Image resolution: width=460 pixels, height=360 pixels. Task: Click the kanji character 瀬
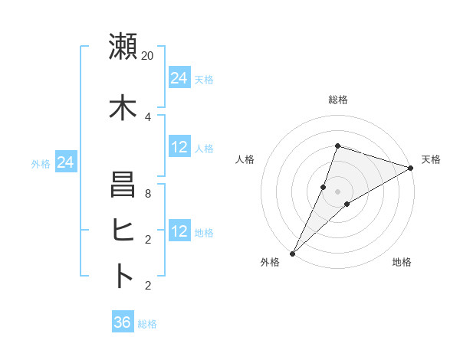123,47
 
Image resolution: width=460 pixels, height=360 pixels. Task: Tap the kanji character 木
123,108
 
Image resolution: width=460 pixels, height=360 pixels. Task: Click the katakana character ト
123,276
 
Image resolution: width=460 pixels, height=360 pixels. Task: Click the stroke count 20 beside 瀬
148,55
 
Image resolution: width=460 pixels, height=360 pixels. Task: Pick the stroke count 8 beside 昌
148,194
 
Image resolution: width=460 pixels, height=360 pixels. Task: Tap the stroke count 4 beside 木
148,116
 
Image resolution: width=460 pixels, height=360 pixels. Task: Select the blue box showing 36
123,322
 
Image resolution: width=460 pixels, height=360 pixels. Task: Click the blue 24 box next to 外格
66,162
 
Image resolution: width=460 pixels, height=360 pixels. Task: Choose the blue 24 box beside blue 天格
179,78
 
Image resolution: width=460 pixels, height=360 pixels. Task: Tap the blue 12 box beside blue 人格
179,148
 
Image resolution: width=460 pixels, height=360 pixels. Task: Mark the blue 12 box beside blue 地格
179,232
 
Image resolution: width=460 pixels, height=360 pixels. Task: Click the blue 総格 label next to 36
147,324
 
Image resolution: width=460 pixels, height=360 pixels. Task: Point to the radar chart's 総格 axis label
338,100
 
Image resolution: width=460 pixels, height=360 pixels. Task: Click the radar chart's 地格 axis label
402,262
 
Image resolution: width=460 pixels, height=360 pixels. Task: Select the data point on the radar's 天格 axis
411,169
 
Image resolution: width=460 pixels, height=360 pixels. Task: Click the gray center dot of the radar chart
338,191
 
